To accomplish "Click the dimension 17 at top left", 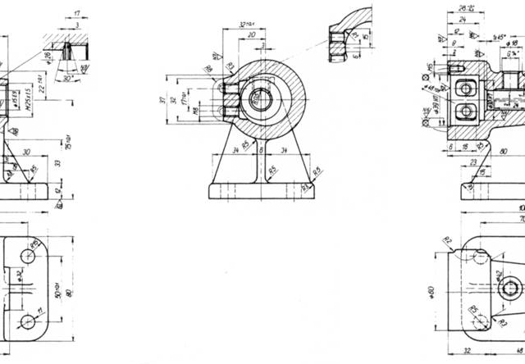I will click(76, 13).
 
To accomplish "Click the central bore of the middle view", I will click(260, 98).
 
